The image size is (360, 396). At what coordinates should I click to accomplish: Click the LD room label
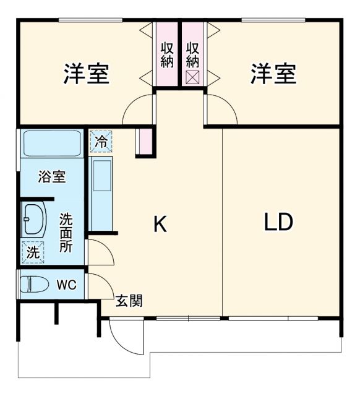(x=278, y=222)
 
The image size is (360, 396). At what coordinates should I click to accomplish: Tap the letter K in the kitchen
(x=160, y=225)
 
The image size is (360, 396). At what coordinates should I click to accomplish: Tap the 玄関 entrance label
(x=130, y=301)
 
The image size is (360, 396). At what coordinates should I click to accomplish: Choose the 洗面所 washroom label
(x=66, y=232)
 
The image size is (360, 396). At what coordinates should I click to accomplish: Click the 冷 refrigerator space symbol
(x=101, y=141)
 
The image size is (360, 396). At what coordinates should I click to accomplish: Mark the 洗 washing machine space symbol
(x=33, y=252)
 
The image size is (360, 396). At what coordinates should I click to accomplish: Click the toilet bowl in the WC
(x=35, y=285)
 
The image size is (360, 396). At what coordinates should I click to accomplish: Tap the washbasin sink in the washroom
(x=33, y=220)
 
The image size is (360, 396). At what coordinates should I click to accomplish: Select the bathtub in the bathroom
(x=52, y=144)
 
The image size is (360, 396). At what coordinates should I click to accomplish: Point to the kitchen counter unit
(x=100, y=192)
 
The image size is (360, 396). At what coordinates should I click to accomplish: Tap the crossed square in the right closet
(x=192, y=77)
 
